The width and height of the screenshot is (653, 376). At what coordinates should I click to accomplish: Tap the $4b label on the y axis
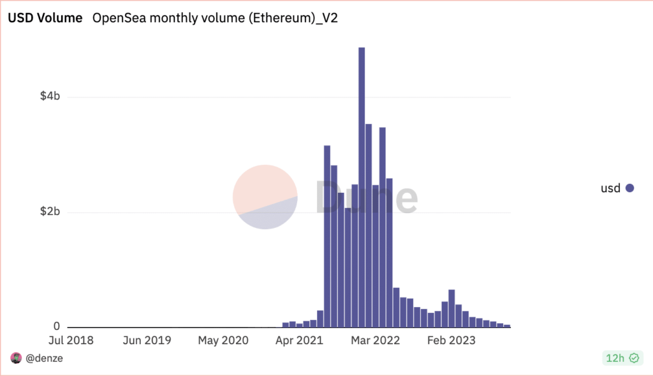pyautogui.click(x=50, y=97)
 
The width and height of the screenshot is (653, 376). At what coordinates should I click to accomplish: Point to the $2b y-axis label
pyautogui.click(x=50, y=212)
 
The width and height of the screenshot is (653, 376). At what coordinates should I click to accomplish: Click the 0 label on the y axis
pyautogui.click(x=57, y=327)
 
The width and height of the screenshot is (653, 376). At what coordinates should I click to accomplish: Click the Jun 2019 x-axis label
pyautogui.click(x=147, y=340)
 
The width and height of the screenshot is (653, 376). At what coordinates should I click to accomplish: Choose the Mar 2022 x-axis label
pyautogui.click(x=375, y=340)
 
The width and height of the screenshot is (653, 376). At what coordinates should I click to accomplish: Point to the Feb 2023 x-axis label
pyautogui.click(x=451, y=340)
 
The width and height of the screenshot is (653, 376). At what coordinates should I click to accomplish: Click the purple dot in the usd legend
pyautogui.click(x=629, y=188)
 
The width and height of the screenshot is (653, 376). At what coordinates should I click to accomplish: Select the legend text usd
pyautogui.click(x=610, y=188)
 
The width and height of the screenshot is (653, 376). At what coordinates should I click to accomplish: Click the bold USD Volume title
pyautogui.click(x=45, y=19)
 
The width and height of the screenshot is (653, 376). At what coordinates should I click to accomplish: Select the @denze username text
pyautogui.click(x=44, y=358)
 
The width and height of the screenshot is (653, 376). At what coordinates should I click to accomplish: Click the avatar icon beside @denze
pyautogui.click(x=16, y=358)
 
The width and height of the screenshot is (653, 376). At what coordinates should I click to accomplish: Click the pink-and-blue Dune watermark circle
pyautogui.click(x=265, y=197)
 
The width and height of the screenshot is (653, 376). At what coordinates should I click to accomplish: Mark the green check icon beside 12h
pyautogui.click(x=634, y=358)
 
